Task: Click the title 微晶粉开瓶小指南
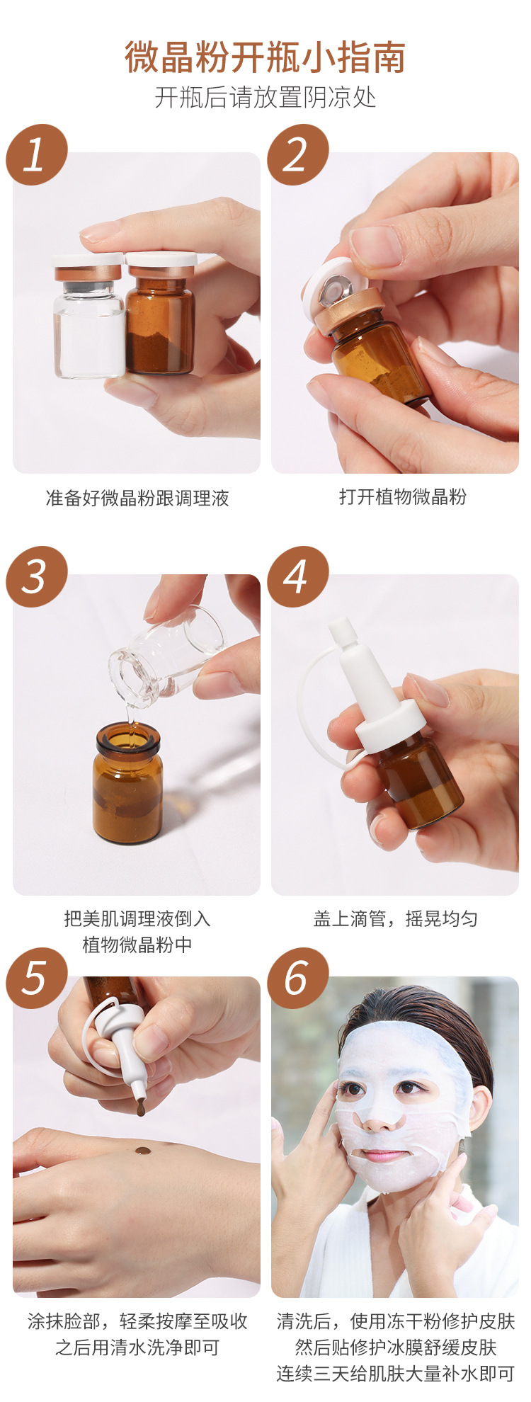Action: (265, 57)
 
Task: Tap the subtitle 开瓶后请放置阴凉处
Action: (265, 97)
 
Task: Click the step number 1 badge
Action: (37, 155)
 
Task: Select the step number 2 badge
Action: (297, 155)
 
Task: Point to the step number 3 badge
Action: (37, 576)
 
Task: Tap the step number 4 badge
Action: (297, 576)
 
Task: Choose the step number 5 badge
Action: (37, 979)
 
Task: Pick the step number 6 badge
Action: (297, 979)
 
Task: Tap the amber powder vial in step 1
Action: (160, 314)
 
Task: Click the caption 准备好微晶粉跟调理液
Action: (137, 498)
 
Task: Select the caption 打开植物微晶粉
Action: (402, 497)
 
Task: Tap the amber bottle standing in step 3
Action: (127, 783)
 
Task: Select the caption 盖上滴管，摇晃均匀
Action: (395, 919)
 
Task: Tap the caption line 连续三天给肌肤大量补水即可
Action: (395, 1374)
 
